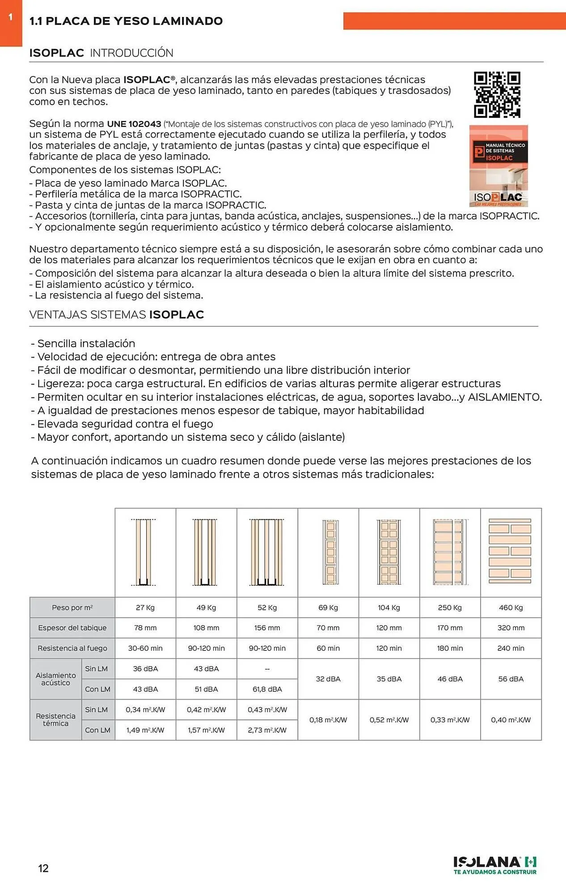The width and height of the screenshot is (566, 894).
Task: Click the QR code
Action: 497,94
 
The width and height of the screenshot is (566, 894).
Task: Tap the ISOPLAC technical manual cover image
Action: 498,166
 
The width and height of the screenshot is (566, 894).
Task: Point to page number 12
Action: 43,868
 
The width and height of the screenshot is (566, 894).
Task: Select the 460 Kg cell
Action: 511,607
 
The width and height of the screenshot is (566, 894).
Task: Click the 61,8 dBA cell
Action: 267,689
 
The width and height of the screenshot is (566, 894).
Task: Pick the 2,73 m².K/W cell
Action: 267,730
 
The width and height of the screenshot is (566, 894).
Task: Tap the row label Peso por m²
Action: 72,607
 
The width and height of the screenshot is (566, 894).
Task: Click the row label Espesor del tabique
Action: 72,628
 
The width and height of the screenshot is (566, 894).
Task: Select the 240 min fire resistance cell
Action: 511,648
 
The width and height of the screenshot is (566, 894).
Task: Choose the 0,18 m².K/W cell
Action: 328,720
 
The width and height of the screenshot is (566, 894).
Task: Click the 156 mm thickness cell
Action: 267,628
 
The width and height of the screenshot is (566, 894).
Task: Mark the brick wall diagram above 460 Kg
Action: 510,551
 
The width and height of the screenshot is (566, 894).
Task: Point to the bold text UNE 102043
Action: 134,124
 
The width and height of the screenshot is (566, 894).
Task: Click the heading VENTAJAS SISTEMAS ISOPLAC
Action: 116,315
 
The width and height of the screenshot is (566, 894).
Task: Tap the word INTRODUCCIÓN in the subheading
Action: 131,53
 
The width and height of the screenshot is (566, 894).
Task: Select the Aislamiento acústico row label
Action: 55,679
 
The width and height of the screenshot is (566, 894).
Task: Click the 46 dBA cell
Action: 450,679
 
